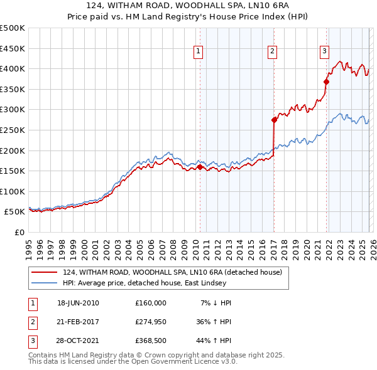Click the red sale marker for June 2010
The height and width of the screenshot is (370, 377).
(x=200, y=167)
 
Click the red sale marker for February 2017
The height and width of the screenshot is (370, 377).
(x=274, y=119)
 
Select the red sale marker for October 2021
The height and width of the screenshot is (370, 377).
(x=327, y=81)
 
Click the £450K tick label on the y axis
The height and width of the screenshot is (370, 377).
(x=13, y=48)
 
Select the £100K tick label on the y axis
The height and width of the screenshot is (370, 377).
(x=13, y=192)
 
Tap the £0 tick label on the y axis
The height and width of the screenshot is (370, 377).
(x=19, y=233)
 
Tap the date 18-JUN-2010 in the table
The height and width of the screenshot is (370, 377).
(x=78, y=303)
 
